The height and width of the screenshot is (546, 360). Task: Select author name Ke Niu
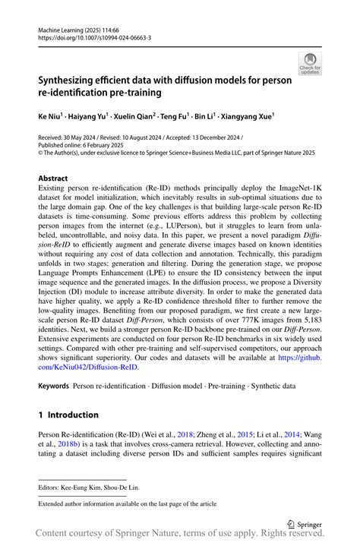coord(51,118)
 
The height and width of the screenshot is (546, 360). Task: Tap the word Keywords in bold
coord(56,386)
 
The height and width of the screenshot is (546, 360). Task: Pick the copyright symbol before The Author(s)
coord(41,152)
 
